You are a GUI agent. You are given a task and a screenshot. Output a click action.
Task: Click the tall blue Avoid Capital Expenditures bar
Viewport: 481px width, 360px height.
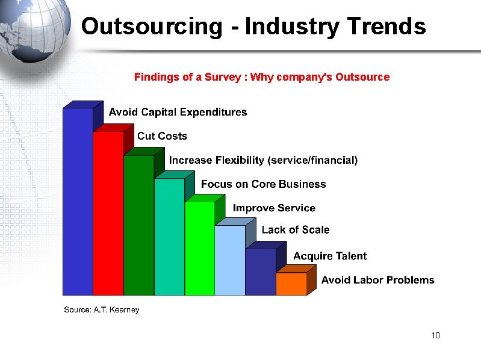tap(78, 202)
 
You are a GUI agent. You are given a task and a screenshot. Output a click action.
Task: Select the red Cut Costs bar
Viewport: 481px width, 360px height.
tap(108, 214)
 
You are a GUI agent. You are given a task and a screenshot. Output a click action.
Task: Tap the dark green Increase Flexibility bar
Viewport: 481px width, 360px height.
tap(138, 225)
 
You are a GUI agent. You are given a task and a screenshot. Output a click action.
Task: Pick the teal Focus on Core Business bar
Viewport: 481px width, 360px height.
tap(169, 237)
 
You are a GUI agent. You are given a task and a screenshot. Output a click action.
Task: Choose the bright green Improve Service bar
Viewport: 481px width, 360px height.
tap(199, 248)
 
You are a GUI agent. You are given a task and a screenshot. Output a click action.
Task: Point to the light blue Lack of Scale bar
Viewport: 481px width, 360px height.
tap(230, 260)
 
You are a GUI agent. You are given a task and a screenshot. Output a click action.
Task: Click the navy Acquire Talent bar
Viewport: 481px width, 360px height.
tap(261, 272)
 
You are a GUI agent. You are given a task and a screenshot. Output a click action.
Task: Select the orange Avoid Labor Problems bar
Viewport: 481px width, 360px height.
tap(291, 284)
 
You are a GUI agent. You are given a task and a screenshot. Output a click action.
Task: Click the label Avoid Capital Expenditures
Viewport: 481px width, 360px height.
tap(178, 112)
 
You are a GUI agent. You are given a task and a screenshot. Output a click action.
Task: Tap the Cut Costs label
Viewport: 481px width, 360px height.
tap(162, 136)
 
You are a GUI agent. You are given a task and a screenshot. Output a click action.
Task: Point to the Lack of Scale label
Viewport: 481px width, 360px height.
tap(296, 229)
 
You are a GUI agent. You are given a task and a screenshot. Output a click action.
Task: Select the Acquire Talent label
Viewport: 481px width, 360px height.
tap(330, 256)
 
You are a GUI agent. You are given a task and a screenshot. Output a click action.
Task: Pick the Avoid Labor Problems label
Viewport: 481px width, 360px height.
tap(377, 280)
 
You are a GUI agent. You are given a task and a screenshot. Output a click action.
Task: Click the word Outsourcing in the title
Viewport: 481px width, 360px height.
tap(151, 26)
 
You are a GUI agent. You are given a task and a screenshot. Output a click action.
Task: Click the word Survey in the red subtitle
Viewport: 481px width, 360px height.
tap(226, 77)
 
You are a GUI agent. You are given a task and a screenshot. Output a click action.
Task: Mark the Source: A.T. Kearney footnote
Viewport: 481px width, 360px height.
tap(102, 309)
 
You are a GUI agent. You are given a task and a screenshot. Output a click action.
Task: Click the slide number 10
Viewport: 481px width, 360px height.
tap(436, 335)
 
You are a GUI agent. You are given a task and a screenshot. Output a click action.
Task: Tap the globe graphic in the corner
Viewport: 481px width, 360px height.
tap(36, 30)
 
